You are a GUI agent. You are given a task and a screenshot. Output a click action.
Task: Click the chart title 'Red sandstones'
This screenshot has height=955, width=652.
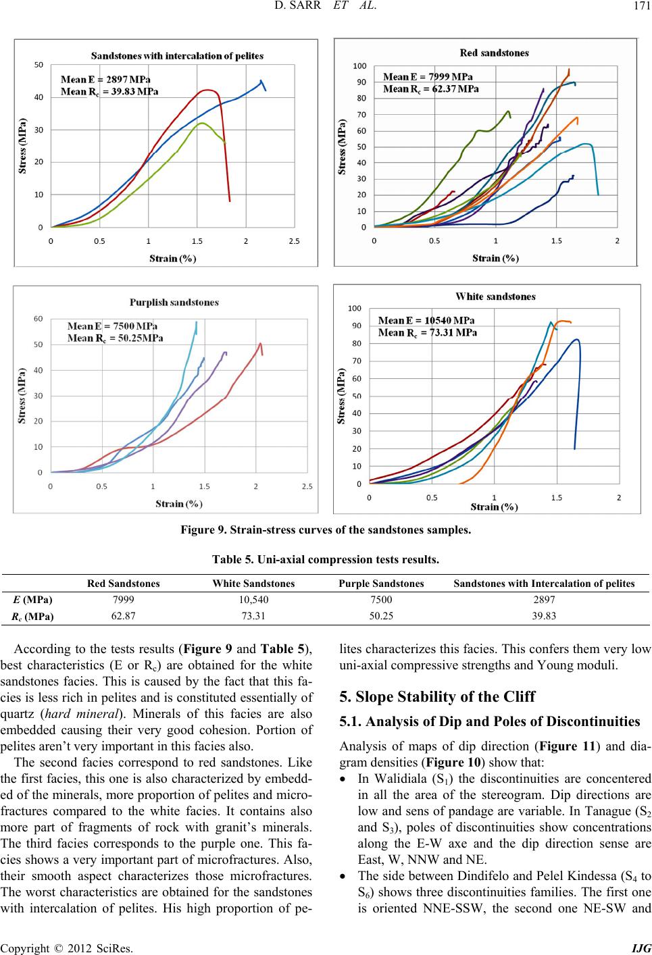point(494,53)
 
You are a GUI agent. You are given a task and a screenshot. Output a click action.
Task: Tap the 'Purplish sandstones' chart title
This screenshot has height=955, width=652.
point(174,303)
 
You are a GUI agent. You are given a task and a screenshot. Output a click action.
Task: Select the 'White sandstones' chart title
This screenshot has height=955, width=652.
point(495,296)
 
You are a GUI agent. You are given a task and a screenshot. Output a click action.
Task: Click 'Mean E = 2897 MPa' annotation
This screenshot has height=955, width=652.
point(105,79)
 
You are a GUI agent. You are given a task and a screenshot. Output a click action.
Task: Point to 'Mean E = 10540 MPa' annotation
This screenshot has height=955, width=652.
point(426,320)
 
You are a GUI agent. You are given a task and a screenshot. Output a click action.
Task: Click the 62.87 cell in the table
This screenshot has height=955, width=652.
point(123,616)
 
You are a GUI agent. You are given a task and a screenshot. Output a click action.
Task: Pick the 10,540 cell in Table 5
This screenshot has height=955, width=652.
point(254,600)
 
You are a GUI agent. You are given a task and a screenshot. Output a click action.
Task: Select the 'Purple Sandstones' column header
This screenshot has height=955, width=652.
point(381,584)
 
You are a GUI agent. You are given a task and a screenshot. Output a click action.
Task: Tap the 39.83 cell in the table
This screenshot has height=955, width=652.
point(544,616)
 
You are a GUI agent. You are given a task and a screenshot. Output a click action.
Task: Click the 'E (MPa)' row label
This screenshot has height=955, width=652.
point(33,600)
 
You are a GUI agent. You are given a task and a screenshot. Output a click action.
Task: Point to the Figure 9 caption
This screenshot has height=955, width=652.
point(326,530)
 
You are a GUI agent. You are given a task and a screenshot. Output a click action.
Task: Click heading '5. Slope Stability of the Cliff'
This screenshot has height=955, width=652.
point(437,696)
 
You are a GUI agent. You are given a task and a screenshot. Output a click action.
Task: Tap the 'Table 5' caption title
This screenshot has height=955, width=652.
point(326,559)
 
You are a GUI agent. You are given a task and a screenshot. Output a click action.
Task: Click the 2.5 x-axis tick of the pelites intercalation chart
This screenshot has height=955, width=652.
point(294,241)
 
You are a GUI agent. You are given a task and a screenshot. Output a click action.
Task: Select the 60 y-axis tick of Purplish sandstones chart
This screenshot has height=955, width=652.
point(39,319)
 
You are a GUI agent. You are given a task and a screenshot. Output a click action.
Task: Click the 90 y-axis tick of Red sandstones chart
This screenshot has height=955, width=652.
point(361,82)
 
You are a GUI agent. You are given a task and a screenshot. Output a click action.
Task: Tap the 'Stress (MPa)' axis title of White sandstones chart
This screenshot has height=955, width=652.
point(341,396)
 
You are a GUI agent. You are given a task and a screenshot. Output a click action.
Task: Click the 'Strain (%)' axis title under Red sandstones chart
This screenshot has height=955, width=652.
point(495,258)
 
